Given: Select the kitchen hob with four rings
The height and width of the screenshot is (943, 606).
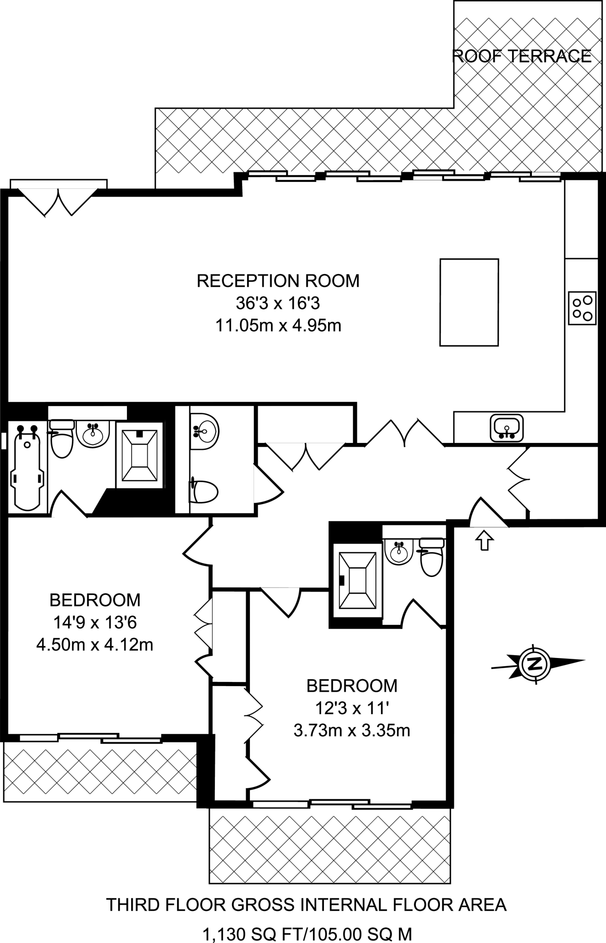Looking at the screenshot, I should click(x=582, y=309).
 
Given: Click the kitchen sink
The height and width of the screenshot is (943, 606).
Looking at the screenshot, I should click(x=507, y=427).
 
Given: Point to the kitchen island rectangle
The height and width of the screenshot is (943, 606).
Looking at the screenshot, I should click(x=469, y=302).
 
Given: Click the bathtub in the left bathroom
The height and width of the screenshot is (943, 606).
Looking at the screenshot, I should click(x=27, y=467).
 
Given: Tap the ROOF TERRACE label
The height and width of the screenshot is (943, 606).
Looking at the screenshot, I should click(x=522, y=56).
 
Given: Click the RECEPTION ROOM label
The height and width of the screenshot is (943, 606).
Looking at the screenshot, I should click(x=278, y=280).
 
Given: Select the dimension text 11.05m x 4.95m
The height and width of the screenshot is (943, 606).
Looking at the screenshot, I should click(x=278, y=326).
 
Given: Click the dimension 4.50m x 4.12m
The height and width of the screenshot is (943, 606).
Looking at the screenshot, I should click(x=95, y=645).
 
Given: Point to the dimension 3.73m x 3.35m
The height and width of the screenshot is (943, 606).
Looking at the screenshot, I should click(x=352, y=730).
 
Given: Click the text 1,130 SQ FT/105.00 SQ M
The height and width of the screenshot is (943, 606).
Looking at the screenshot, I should click(x=307, y=934).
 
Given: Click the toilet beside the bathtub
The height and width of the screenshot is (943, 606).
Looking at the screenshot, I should click(x=62, y=440).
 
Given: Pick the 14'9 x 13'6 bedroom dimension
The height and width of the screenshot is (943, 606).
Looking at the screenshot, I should click(x=95, y=623).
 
